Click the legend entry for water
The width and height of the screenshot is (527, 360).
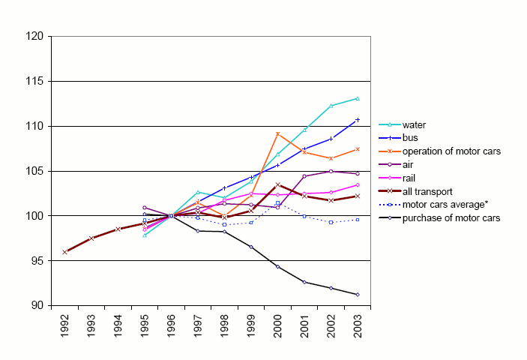pyautogui.click(x=415, y=125)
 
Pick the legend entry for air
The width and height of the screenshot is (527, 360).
pyautogui.click(x=409, y=165)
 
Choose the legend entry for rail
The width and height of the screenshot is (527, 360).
pyautogui.click(x=409, y=178)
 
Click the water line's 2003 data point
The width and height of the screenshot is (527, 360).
pyautogui.click(x=357, y=98)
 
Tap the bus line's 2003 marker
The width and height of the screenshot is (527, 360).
pyautogui.click(x=357, y=120)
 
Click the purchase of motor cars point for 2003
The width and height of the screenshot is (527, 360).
pyautogui.click(x=357, y=295)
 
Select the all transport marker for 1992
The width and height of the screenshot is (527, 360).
pyautogui.click(x=65, y=252)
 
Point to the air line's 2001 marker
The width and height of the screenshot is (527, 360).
pyautogui.click(x=304, y=176)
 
